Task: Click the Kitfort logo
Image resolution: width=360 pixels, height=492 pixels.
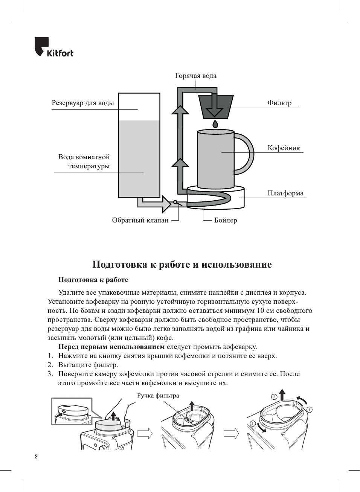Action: [53, 47]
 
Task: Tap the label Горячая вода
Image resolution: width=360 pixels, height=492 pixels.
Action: [195, 76]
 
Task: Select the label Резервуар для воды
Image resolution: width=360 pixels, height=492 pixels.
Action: [83, 103]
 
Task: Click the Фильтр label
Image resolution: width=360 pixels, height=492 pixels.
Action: [279, 103]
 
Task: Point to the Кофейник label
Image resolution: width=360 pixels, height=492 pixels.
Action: [284, 148]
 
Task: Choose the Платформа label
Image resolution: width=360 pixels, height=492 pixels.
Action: [285, 193]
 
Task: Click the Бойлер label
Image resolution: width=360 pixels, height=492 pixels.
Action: [226, 220]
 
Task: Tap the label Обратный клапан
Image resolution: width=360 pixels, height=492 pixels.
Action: [140, 220]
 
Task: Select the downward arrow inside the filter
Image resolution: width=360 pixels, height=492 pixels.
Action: [215, 105]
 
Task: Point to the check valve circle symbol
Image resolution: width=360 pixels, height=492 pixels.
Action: [175, 202]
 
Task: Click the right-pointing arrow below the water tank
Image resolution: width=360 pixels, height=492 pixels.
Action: [154, 204]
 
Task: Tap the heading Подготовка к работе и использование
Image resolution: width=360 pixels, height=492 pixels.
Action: [182, 264]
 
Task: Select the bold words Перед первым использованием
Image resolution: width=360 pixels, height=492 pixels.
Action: [111, 347]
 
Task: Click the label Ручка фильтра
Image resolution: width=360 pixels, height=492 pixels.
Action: [158, 396]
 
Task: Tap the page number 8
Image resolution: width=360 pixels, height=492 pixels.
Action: [36, 456]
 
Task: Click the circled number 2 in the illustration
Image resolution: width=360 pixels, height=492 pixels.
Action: [274, 397]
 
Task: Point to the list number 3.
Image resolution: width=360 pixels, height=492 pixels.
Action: [50, 374]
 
